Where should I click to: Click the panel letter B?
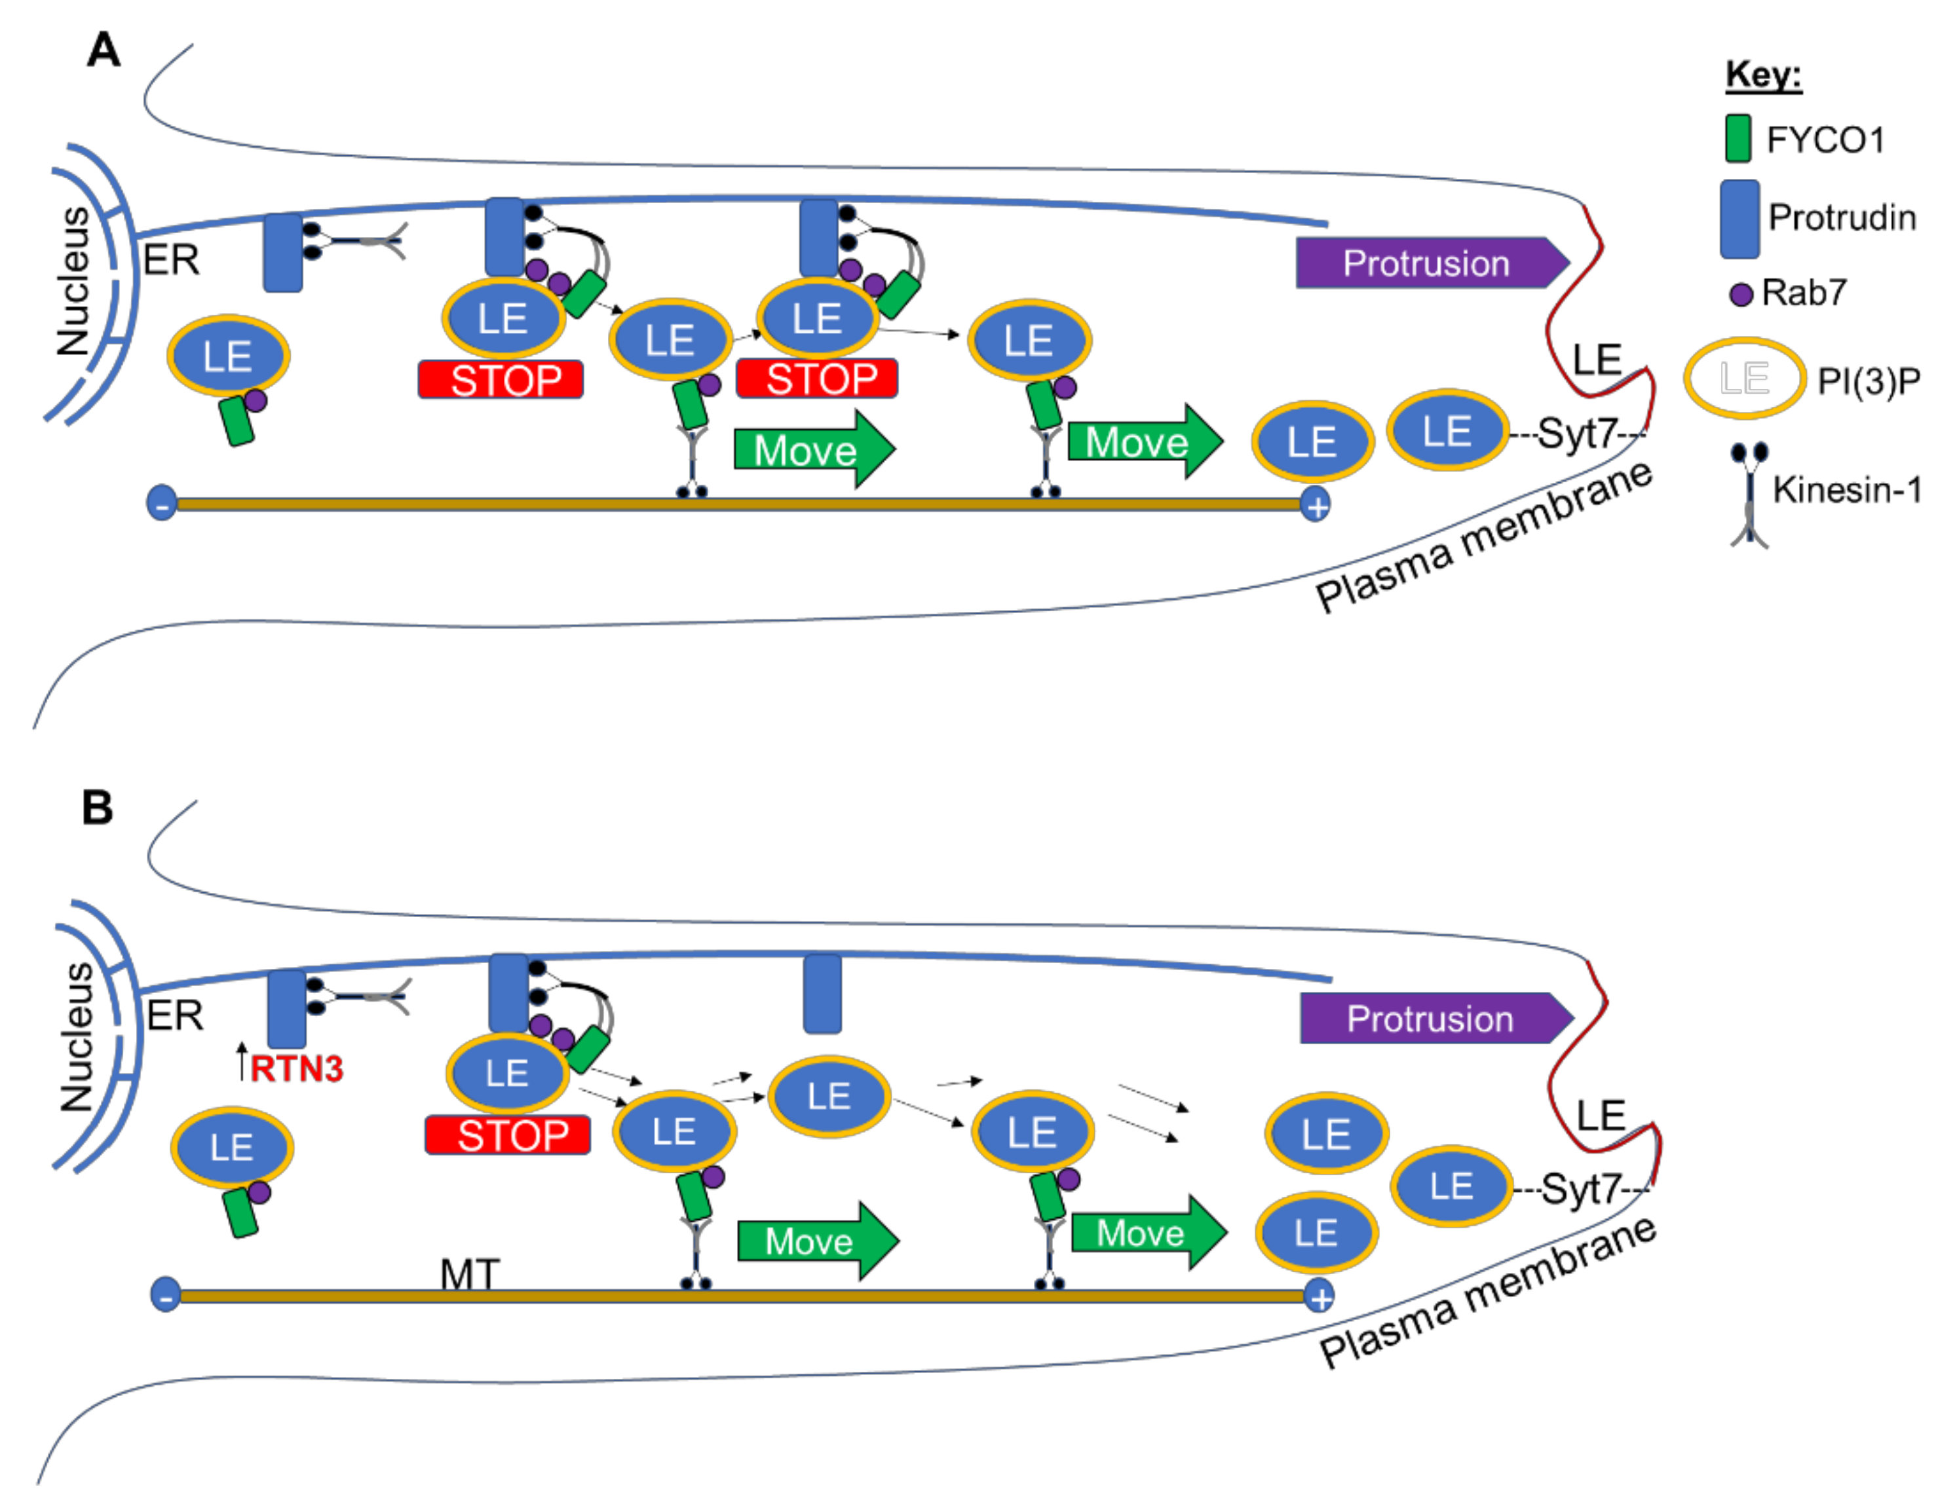point(97,808)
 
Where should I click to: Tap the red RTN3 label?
point(295,1069)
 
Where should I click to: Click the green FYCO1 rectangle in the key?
point(1738,139)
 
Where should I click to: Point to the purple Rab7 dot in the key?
point(1740,295)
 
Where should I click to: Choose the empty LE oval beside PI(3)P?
point(1743,378)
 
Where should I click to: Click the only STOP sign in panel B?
point(508,1135)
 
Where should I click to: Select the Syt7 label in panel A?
point(1576,434)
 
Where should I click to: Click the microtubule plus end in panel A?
point(1316,506)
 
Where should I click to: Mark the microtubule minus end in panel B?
point(165,1296)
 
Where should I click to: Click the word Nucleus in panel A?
point(73,282)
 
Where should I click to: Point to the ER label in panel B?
point(175,1015)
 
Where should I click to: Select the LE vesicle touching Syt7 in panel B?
point(1451,1186)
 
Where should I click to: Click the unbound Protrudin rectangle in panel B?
point(822,994)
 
